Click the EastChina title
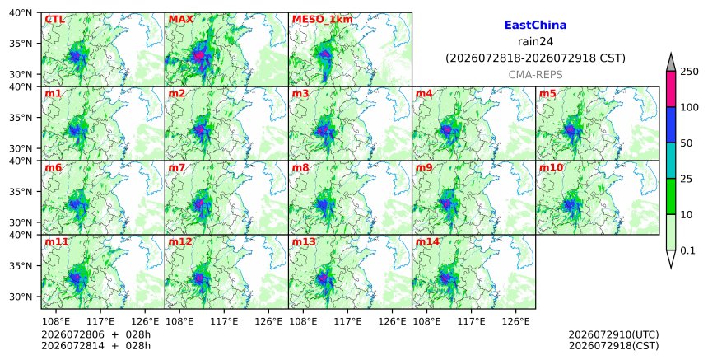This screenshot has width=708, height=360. [535, 26]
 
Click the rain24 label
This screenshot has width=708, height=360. [535, 42]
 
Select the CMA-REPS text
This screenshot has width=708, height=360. [535, 75]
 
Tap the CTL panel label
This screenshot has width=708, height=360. [54, 19]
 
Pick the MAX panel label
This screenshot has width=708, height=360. [180, 19]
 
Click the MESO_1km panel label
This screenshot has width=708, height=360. [323, 20]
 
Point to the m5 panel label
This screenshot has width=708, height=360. [547, 93]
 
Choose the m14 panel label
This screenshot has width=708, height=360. [427, 241]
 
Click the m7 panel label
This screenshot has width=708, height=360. [176, 167]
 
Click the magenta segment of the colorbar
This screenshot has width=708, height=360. [670, 89]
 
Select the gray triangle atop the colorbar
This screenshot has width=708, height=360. [670, 62]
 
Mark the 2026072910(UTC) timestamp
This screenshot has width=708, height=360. [613, 334]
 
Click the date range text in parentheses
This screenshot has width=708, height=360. [535, 58]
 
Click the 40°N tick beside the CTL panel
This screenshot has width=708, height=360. [21, 12]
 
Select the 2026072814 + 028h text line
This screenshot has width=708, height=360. [95, 346]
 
